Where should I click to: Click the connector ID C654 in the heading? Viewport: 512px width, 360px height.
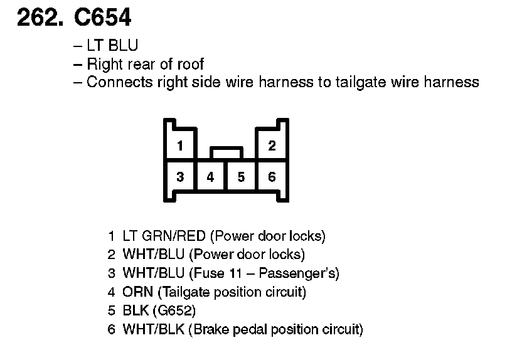click(x=103, y=18)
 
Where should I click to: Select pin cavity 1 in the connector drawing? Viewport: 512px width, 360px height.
click(x=180, y=146)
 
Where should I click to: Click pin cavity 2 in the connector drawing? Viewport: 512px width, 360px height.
click(x=272, y=146)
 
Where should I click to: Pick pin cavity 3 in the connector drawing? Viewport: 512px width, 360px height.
click(x=180, y=177)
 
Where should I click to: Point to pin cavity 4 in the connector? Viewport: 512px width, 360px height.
click(x=210, y=177)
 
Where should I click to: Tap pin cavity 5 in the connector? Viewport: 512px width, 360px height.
click(x=241, y=177)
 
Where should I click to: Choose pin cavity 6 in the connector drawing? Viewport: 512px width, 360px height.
click(x=272, y=177)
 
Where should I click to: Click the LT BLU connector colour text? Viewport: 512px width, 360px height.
click(x=112, y=46)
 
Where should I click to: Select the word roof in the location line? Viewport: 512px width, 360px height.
click(x=189, y=64)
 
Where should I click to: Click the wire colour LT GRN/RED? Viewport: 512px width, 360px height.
click(x=164, y=236)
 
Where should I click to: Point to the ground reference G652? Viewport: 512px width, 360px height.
click(x=178, y=310)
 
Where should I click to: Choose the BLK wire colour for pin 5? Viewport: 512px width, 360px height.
click(x=134, y=310)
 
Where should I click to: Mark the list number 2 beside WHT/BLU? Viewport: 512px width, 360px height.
click(x=111, y=255)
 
